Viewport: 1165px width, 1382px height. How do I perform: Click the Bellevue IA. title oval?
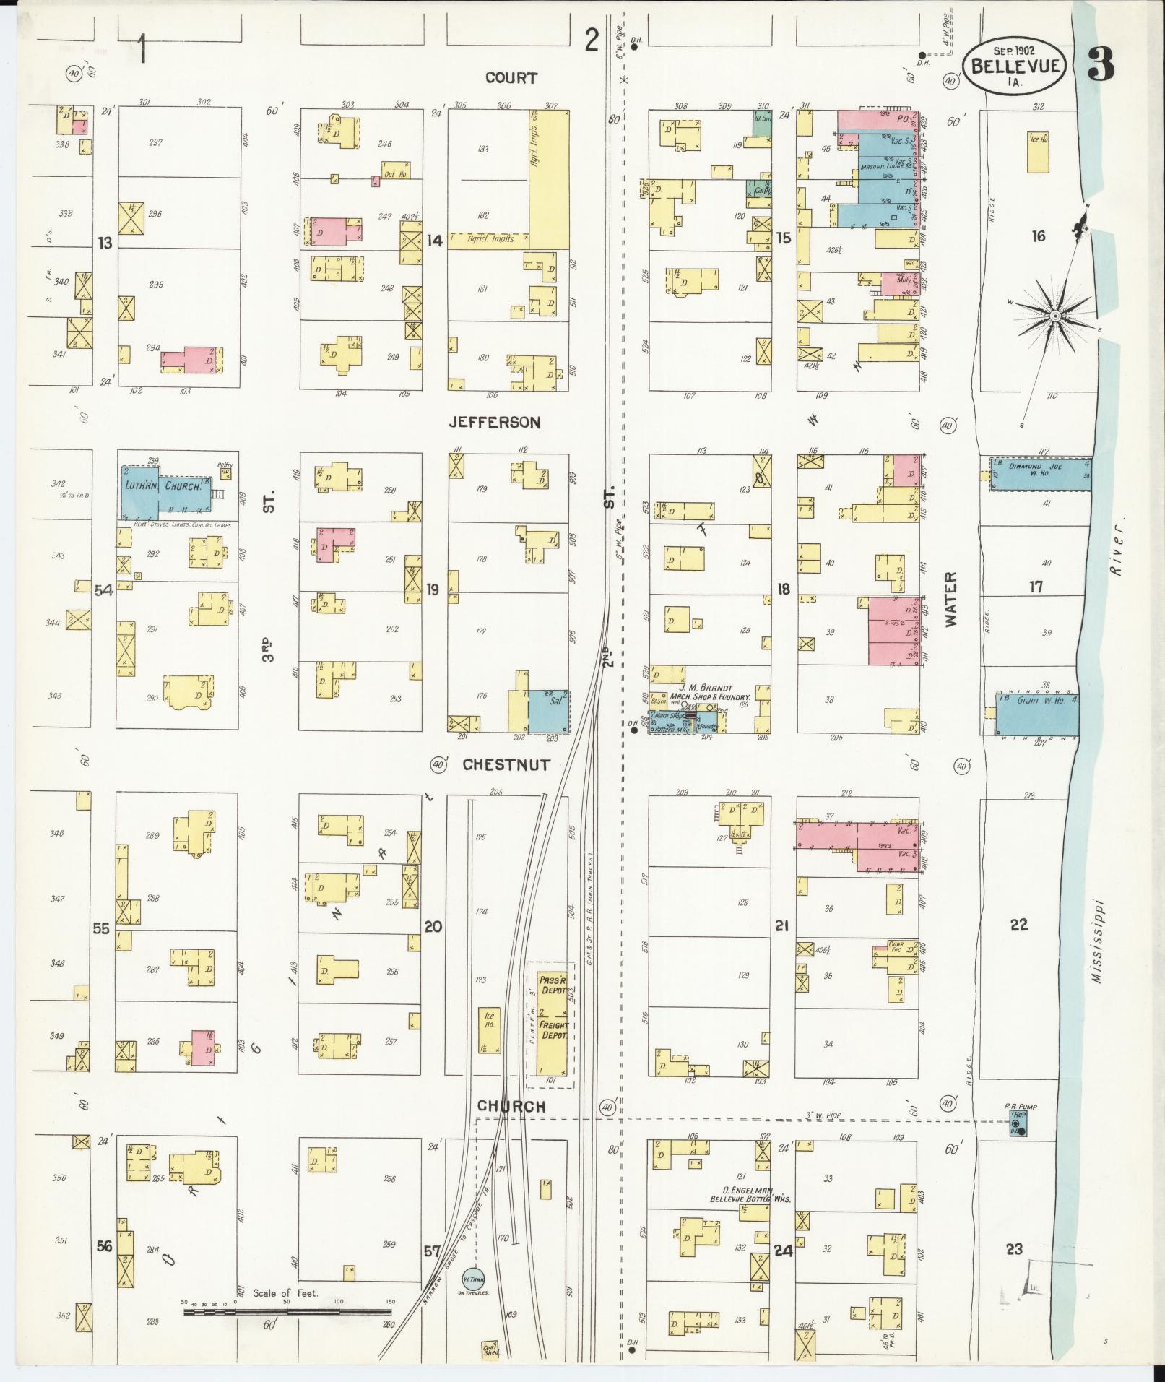pyautogui.click(x=1016, y=66)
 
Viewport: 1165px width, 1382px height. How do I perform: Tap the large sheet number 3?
pyautogui.click(x=1100, y=65)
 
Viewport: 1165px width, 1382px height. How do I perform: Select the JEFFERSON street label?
pyautogui.click(x=495, y=422)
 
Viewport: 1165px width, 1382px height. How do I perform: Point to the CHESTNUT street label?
pyautogui.click(x=506, y=764)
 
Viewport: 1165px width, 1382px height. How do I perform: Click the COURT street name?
pyautogui.click(x=511, y=77)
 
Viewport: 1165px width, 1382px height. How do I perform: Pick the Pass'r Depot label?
pyautogui.click(x=553, y=985)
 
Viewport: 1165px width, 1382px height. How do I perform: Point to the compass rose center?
pyautogui.click(x=1054, y=317)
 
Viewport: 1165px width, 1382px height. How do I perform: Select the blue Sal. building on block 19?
pyautogui.click(x=547, y=711)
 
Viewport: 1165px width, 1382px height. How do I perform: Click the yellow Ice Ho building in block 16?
pyautogui.click(x=1039, y=152)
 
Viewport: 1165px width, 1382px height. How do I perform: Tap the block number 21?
pyautogui.click(x=781, y=925)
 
